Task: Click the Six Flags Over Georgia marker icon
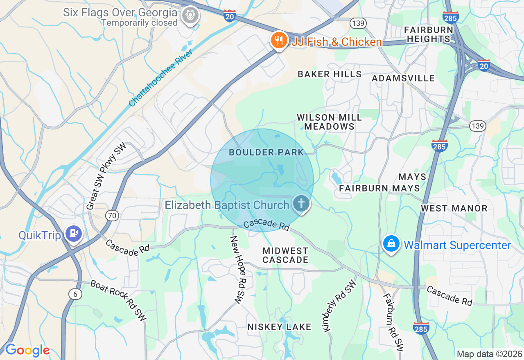click(190, 15)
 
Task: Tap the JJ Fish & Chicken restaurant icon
click(279, 40)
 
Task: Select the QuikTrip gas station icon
click(74, 234)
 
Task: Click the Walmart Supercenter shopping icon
click(391, 243)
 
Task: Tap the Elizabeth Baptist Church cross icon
click(301, 203)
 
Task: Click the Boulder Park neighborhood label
click(267, 153)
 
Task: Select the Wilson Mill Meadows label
click(329, 122)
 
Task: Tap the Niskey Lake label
click(279, 327)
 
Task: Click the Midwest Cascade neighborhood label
click(285, 255)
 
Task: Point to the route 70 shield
click(112, 215)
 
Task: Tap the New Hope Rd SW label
click(237, 270)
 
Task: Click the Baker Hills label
click(330, 74)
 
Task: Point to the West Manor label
click(454, 209)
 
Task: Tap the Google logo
click(27, 350)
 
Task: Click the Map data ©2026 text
click(489, 354)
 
